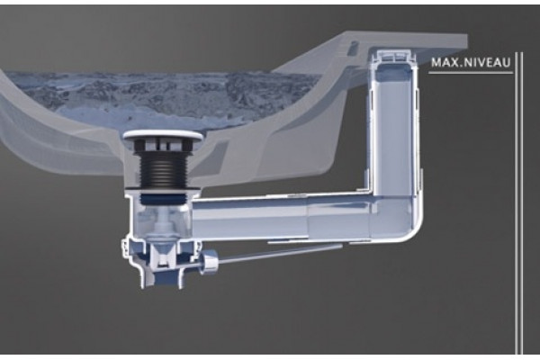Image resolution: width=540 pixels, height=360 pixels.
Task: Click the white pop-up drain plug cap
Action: [162, 135]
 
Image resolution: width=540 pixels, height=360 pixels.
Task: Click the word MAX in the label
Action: [445, 63]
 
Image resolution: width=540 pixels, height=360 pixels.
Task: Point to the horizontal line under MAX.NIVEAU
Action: [471, 73]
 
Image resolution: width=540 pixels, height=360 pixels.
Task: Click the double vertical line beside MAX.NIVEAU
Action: [519, 202]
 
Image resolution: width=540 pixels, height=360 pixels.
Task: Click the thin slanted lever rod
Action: [280, 254]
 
